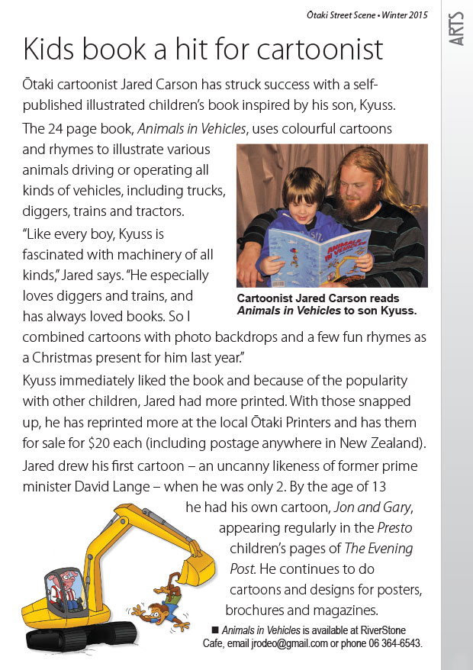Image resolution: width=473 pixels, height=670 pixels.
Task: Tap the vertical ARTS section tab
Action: pos(456,29)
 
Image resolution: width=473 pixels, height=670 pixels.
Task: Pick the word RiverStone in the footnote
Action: pos(380,630)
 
